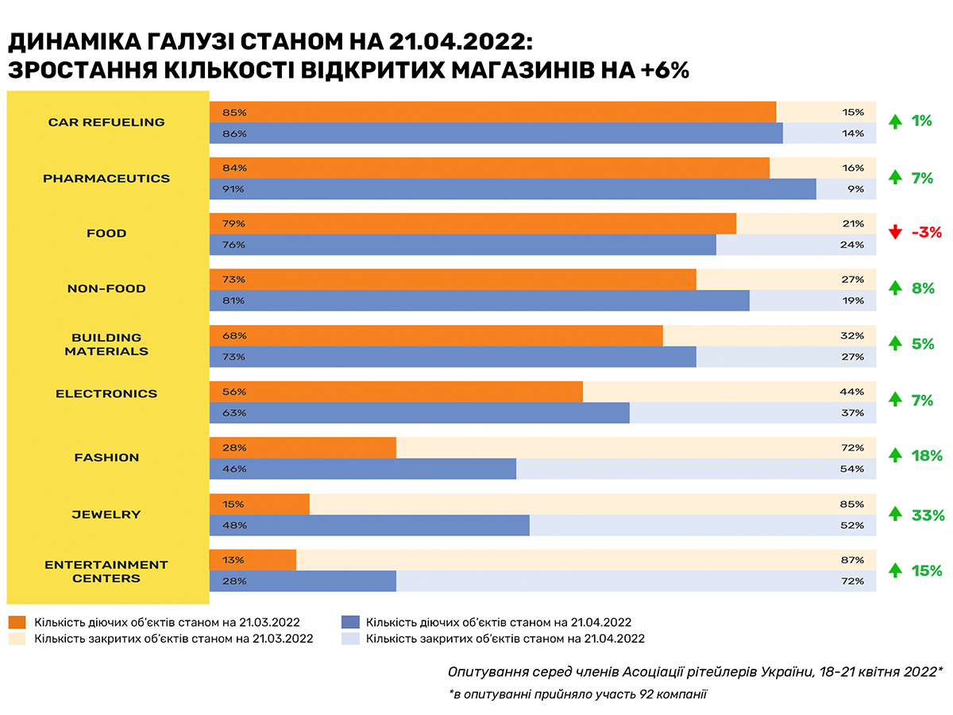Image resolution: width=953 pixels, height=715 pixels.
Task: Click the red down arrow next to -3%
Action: tap(895, 233)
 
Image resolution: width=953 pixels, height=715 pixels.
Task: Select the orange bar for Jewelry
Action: tap(260, 504)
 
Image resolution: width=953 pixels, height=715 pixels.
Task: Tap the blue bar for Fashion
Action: tap(363, 469)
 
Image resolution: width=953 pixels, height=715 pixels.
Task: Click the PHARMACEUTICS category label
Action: tap(106, 178)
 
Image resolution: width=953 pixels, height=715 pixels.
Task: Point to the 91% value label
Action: tap(234, 189)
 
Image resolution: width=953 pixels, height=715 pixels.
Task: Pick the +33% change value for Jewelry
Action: tap(928, 516)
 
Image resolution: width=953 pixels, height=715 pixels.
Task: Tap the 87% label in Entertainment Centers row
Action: tap(853, 560)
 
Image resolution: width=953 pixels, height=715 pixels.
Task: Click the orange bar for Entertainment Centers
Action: tap(253, 560)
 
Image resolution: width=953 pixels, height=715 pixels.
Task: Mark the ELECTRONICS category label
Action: tap(106, 393)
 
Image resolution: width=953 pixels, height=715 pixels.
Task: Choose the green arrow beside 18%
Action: tap(895, 455)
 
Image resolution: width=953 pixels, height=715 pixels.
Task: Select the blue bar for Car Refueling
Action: tap(496, 133)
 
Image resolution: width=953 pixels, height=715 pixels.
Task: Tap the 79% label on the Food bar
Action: tap(234, 223)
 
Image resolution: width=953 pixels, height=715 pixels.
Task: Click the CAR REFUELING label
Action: tap(106, 122)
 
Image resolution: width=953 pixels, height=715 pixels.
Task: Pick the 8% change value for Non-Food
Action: tap(923, 288)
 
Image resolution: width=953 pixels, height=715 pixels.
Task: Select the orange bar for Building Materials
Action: tap(436, 335)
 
